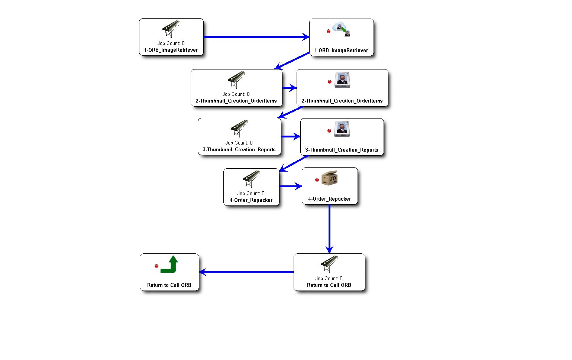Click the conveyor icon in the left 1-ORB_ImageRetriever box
pos(171,29)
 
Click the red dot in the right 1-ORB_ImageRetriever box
pos(329,31)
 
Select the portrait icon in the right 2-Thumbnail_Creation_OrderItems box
pos(342,80)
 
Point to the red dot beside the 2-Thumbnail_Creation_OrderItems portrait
pos(329,82)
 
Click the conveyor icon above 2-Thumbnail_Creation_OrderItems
pos(236,80)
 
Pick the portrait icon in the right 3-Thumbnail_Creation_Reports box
pos(342,129)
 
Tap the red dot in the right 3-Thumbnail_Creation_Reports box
pos(329,131)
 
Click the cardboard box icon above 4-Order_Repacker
pos(330,178)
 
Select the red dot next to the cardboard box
pos(317,180)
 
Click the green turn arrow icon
pos(169,264)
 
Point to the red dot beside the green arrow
pos(156,266)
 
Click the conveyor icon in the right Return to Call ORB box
pos(329,264)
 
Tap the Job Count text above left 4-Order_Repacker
pos(251,193)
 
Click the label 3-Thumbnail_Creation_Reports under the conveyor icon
pos(239,150)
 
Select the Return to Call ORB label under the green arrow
pos(169,285)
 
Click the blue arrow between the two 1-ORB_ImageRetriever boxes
pos(256,37)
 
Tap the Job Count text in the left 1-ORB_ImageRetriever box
pos(171,43)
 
